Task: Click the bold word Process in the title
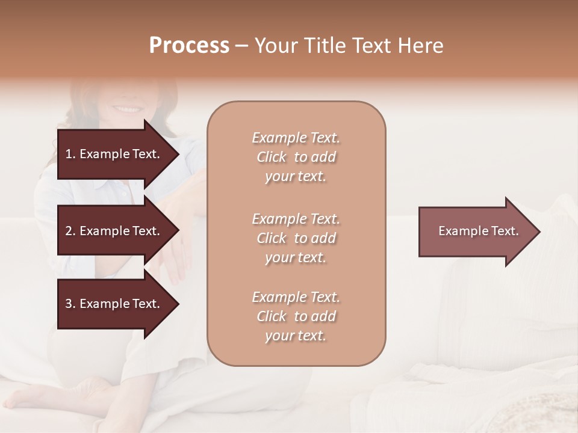tap(189, 46)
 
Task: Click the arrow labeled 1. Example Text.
tap(114, 154)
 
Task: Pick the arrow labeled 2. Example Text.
tap(114, 231)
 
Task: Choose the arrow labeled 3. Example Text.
tap(114, 304)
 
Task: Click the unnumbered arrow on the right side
tap(476, 231)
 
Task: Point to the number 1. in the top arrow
tap(70, 154)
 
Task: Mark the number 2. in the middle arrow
tap(70, 231)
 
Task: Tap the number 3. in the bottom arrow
tap(70, 304)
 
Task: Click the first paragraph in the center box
tap(296, 157)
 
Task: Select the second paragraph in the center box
tap(296, 238)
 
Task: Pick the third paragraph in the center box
tap(296, 316)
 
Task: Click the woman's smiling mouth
tap(127, 109)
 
